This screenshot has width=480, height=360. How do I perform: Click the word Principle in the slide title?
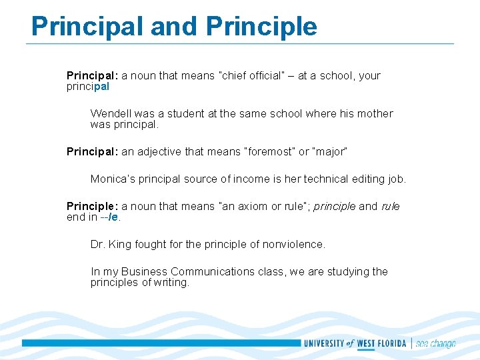click(x=262, y=27)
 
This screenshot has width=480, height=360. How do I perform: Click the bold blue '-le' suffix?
click(x=115, y=217)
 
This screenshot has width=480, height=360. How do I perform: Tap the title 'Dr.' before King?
click(x=97, y=245)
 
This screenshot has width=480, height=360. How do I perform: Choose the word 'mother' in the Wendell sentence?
click(x=375, y=113)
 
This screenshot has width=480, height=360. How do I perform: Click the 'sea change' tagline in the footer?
click(x=435, y=344)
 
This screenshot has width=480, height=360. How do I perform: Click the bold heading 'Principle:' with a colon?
click(x=93, y=207)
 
